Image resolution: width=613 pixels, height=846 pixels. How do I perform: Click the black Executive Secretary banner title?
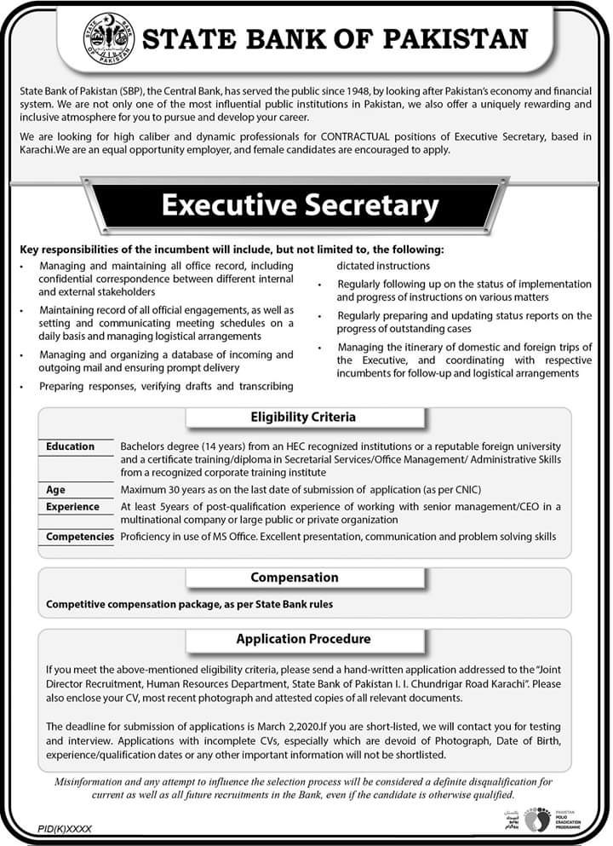coord(300,205)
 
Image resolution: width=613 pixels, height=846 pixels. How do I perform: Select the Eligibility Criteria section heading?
coord(303,417)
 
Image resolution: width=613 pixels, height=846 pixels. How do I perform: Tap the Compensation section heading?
coord(295,577)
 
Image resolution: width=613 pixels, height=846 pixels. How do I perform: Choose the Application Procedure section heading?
coord(303,638)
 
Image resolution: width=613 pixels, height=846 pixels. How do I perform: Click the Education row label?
coord(70,446)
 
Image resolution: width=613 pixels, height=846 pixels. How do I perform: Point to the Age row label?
coord(55,490)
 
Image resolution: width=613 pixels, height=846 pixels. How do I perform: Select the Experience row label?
coord(72,507)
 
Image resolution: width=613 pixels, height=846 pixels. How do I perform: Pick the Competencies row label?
coord(79,537)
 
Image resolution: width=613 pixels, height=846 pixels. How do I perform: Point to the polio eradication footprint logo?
coord(537,820)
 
